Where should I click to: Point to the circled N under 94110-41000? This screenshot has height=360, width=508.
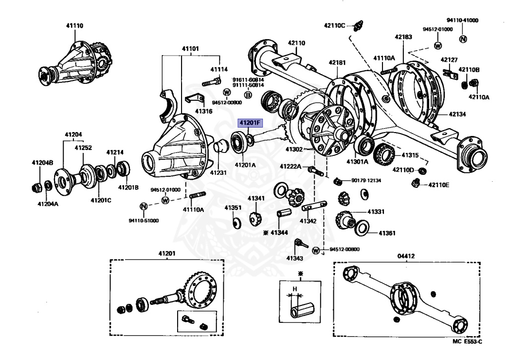[462, 39]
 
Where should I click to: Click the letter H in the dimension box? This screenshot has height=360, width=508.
[294, 289]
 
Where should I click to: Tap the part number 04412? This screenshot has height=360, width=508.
[406, 256]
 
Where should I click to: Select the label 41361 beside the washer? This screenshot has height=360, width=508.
[387, 232]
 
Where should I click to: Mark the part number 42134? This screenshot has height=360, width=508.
[457, 114]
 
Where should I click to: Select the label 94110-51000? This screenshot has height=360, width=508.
[144, 220]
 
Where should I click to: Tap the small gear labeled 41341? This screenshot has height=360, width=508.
[255, 217]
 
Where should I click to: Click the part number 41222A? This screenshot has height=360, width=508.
[290, 166]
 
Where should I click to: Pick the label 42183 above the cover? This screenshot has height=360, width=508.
[403, 37]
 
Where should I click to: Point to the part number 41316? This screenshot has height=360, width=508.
[203, 111]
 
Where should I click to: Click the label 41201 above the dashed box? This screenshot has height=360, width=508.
[167, 254]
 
